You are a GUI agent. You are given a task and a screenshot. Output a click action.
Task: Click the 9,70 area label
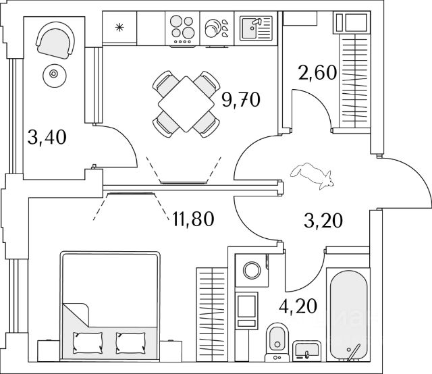[240, 101]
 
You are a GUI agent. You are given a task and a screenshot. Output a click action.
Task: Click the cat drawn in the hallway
[310, 173]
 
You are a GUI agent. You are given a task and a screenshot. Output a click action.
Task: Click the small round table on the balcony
[52, 75]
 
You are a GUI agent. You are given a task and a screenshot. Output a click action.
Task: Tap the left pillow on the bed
[86, 342]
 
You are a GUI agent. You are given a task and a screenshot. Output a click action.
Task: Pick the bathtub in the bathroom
[348, 314]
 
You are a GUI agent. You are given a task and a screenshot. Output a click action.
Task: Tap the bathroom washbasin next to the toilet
[308, 351]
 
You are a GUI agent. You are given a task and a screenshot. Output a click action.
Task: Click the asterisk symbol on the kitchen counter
[119, 28]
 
